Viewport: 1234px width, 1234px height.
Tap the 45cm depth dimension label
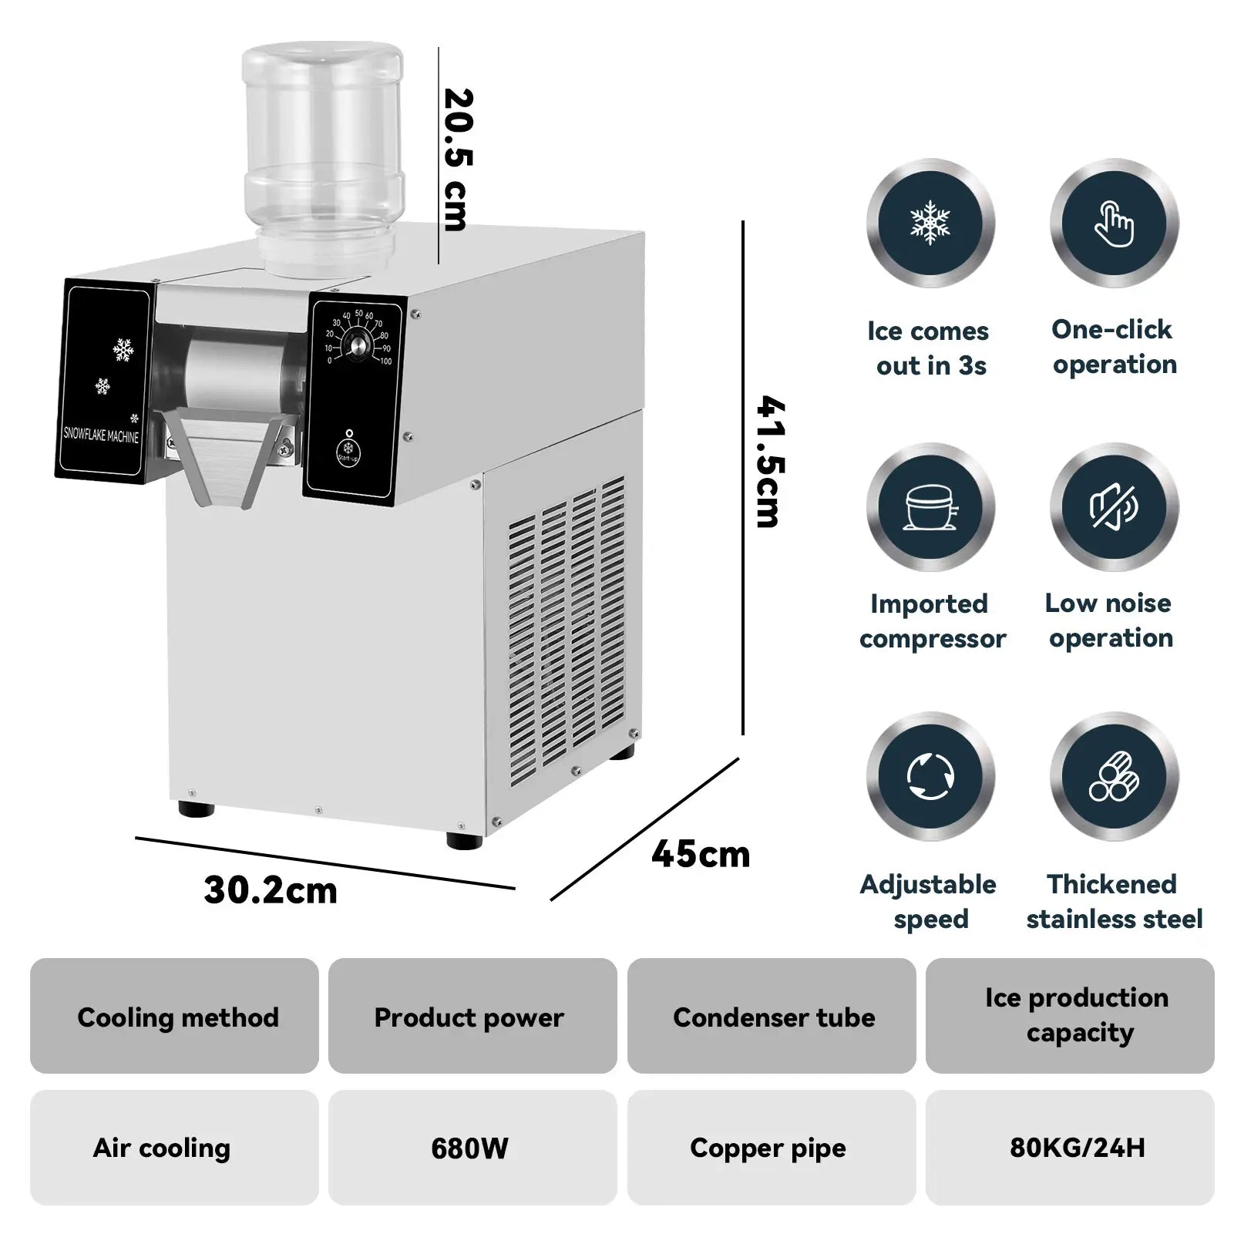(700, 854)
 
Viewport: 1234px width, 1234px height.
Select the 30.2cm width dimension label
(271, 890)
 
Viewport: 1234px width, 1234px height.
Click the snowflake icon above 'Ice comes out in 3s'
(930, 224)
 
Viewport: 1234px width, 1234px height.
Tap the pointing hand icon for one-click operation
(1114, 224)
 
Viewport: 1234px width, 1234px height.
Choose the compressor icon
(930, 507)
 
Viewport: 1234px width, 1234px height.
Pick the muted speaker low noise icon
(1114, 507)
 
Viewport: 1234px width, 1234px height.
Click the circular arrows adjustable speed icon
(930, 775)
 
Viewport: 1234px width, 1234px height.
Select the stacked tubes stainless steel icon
(1114, 775)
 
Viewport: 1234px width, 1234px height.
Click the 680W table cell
(471, 1148)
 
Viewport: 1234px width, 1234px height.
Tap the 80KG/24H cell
(1077, 1148)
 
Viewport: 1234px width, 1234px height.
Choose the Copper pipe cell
(769, 1148)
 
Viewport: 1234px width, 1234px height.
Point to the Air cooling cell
(163, 1148)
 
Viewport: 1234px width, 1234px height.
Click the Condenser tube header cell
(772, 1017)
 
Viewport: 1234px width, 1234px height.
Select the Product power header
(469, 1017)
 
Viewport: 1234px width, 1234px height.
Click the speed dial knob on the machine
(357, 346)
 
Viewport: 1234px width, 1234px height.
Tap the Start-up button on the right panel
(348, 449)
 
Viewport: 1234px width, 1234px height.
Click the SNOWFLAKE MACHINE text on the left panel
(101, 435)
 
